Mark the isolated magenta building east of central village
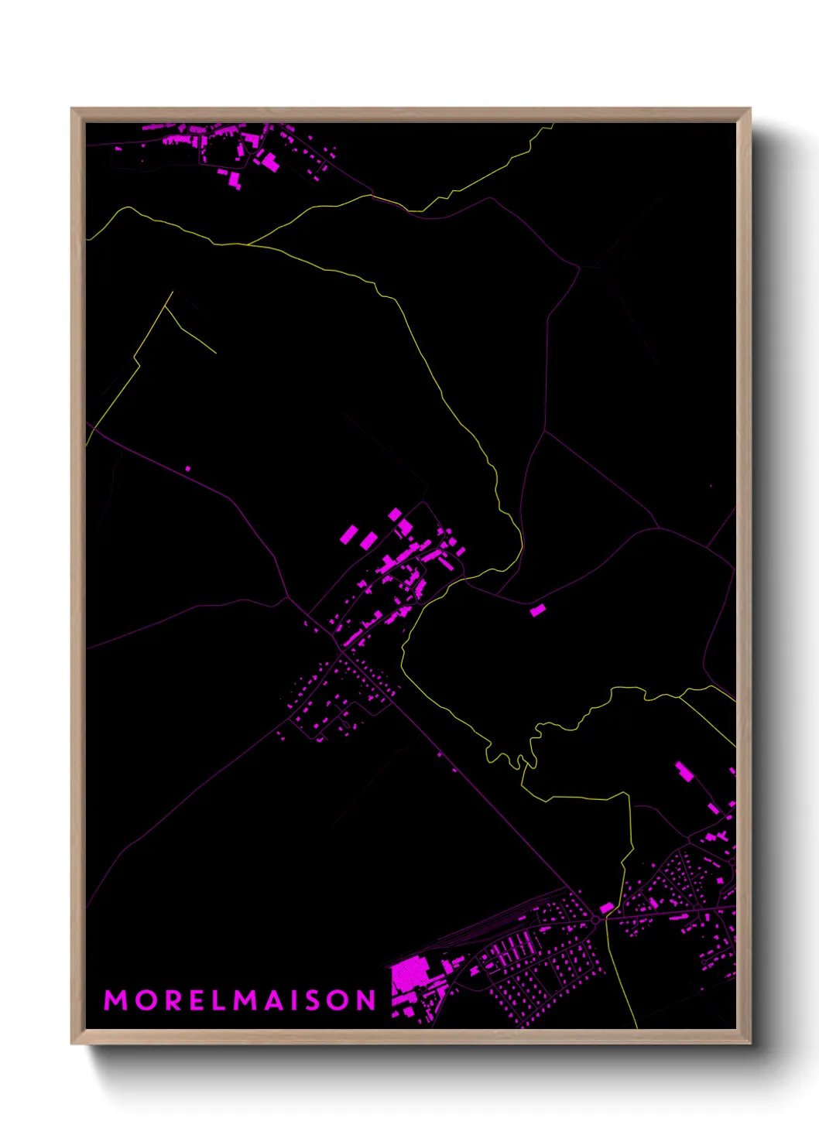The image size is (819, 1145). [x=537, y=610]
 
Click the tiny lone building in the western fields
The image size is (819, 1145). [x=187, y=469]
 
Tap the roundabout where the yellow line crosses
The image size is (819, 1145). [x=595, y=919]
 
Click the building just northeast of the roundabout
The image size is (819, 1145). [x=607, y=907]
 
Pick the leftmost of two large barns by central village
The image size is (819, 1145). [x=349, y=534]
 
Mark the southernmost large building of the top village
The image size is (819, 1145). [x=234, y=181]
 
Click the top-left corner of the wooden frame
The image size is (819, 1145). [x=72, y=109]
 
